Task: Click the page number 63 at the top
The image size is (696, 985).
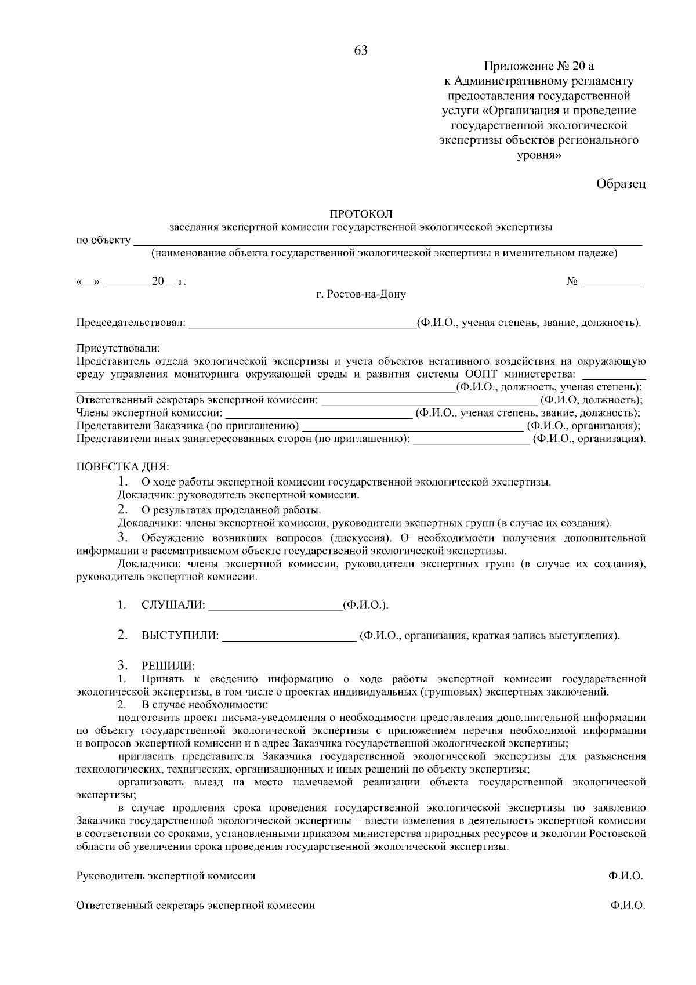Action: (360, 50)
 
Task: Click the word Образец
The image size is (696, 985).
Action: (621, 184)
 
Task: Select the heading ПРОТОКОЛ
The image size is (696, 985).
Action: (361, 215)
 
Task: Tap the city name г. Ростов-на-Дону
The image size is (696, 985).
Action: (361, 295)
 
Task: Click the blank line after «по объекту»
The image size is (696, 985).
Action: (387, 243)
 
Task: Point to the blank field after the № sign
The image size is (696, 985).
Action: (612, 284)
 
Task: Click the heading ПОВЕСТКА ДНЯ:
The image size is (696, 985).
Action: (122, 467)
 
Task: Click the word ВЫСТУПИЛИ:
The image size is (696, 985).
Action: (180, 636)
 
